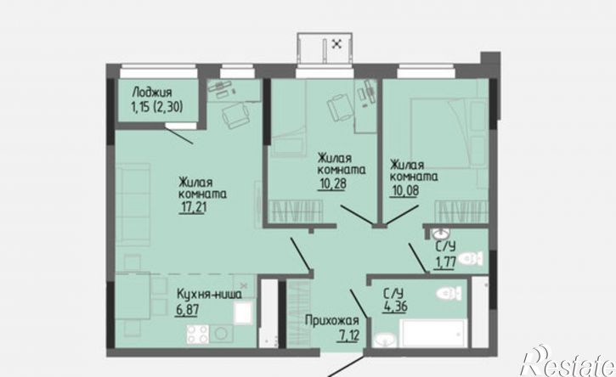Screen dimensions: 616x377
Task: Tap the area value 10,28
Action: tap(332, 183)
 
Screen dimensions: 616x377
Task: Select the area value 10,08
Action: tap(404, 190)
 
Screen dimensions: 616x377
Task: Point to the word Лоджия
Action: tap(152, 93)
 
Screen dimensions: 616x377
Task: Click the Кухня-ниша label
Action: tap(209, 294)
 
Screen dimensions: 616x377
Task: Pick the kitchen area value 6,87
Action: tap(188, 309)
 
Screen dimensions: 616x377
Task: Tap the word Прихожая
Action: tap(332, 321)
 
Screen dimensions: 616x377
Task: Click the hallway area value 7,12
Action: tap(348, 335)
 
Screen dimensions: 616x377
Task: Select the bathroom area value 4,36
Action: tap(395, 307)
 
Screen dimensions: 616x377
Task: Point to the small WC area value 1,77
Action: tap(444, 262)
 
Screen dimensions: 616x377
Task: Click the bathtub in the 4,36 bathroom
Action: tap(433, 333)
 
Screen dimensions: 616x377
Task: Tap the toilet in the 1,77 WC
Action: tap(470, 259)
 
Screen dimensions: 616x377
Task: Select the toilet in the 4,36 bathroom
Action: tap(449, 293)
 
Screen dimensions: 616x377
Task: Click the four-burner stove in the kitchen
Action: tap(198, 334)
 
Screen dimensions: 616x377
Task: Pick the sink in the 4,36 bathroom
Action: tap(385, 340)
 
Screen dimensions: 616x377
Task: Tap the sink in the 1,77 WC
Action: tap(440, 234)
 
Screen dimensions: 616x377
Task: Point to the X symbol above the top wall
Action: tap(336, 43)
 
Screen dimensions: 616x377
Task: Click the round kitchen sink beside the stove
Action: tap(221, 334)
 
